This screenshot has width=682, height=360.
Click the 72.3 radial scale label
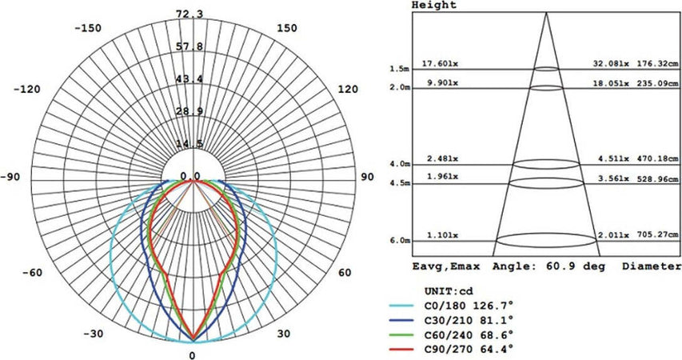click(189, 14)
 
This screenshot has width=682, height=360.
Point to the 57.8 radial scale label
click(189, 46)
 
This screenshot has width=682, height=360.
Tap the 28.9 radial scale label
click(189, 111)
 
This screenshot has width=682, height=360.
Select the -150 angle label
click(88, 28)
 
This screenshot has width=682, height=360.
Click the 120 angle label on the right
click(348, 90)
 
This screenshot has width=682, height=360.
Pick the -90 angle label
click(10, 177)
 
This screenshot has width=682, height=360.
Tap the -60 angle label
click(32, 273)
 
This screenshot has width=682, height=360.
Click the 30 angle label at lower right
click(284, 334)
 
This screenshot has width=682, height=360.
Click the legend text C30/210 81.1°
click(469, 319)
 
